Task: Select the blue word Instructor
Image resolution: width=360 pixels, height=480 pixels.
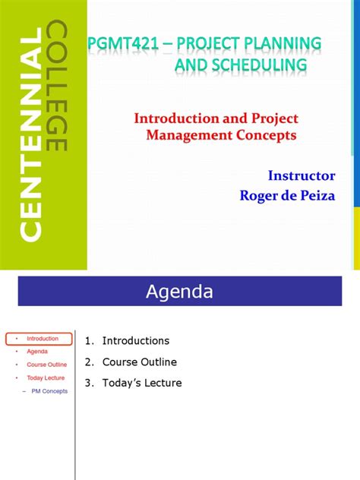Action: tap(301, 175)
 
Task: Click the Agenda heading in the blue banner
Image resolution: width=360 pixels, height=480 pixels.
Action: tap(180, 291)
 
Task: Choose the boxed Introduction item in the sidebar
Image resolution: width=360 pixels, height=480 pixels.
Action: tap(43, 339)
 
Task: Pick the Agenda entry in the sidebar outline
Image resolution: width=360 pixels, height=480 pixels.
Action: tap(37, 352)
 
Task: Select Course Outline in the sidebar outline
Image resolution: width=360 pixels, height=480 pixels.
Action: tap(47, 365)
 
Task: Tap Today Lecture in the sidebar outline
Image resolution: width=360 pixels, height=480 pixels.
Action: tap(46, 377)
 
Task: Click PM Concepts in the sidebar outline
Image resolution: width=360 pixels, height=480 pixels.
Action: tap(49, 391)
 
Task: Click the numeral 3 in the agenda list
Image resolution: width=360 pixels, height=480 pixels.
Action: tap(88, 383)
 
